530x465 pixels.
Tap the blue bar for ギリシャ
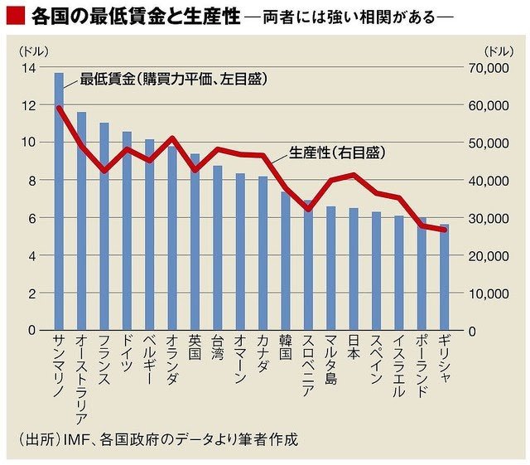pyautogui.click(x=444, y=277)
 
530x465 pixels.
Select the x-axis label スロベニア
pyautogui.click(x=307, y=366)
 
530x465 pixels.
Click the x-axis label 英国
pyautogui.click(x=195, y=347)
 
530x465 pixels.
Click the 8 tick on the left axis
pyautogui.click(x=31, y=180)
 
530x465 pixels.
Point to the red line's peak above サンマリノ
pyautogui.click(x=59, y=108)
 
